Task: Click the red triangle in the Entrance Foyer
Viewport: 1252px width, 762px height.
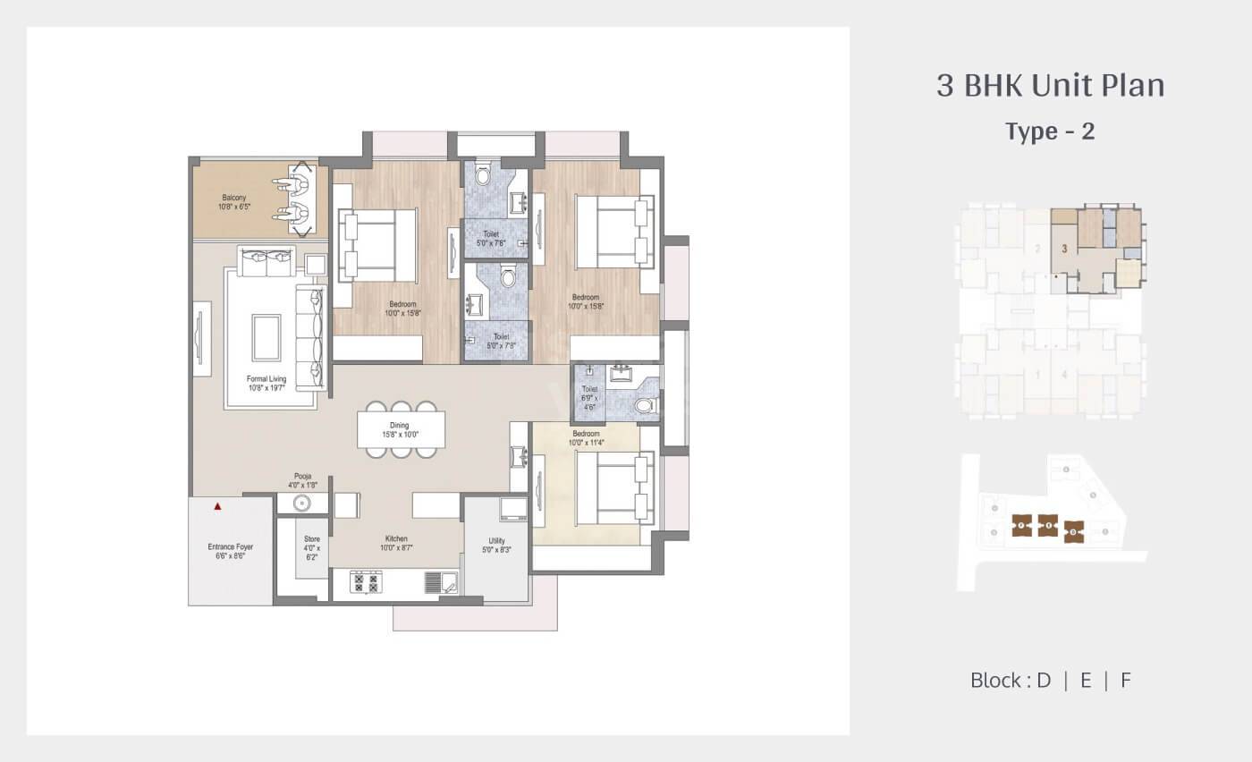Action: click(x=217, y=506)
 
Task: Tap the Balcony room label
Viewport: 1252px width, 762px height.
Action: click(x=234, y=202)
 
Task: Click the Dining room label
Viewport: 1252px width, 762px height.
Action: click(x=399, y=430)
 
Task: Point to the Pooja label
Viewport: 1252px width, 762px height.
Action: click(x=302, y=481)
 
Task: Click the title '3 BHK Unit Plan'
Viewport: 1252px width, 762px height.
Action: click(x=1050, y=86)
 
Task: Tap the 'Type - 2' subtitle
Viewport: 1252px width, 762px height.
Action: click(x=1050, y=131)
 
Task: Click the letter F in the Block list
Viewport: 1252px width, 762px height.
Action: click(x=1126, y=680)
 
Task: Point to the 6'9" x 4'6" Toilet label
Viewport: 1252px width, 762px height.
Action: click(x=589, y=398)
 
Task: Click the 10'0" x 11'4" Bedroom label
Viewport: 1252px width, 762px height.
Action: click(x=586, y=438)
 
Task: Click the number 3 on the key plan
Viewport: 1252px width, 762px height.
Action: click(x=1064, y=250)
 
